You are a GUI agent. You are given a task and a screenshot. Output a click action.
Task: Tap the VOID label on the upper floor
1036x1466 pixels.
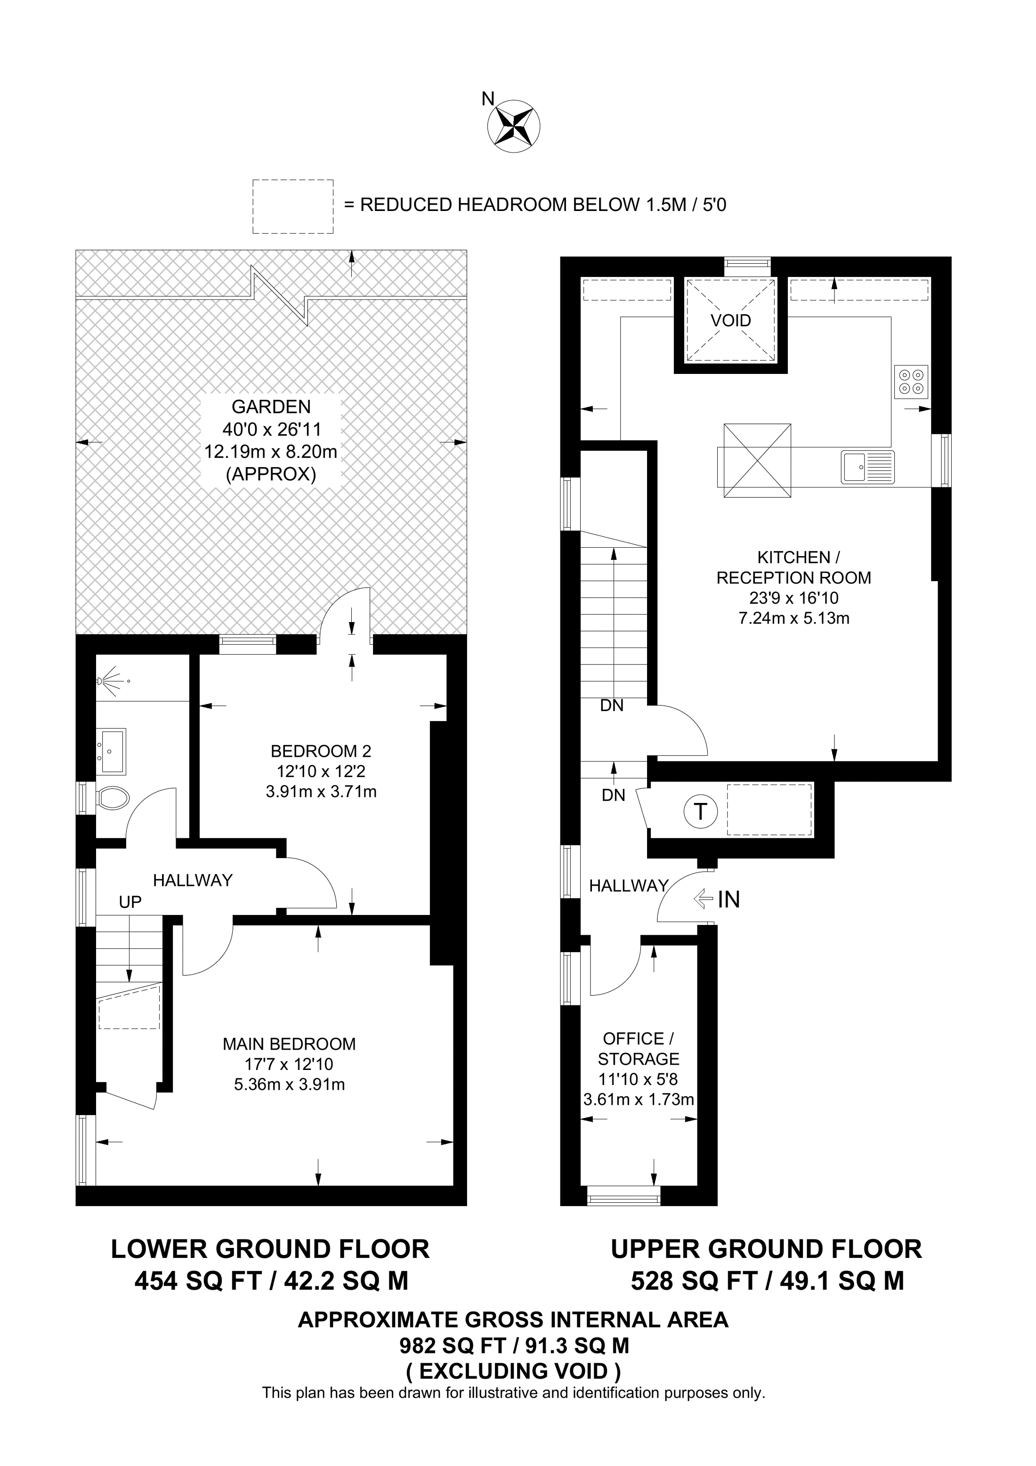(731, 321)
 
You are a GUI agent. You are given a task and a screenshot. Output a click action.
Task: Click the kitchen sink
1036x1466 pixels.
(867, 466)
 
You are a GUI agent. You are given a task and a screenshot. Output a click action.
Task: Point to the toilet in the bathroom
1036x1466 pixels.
(113, 797)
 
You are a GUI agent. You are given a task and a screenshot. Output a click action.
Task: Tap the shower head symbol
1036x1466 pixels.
(110, 680)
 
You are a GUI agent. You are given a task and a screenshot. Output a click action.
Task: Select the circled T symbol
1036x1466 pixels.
(700, 811)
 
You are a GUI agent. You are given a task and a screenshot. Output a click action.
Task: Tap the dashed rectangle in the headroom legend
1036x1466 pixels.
(293, 206)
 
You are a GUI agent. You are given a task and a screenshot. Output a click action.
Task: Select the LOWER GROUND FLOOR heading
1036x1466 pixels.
(270, 1249)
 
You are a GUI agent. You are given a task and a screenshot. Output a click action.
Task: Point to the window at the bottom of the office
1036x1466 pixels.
(623, 1195)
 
